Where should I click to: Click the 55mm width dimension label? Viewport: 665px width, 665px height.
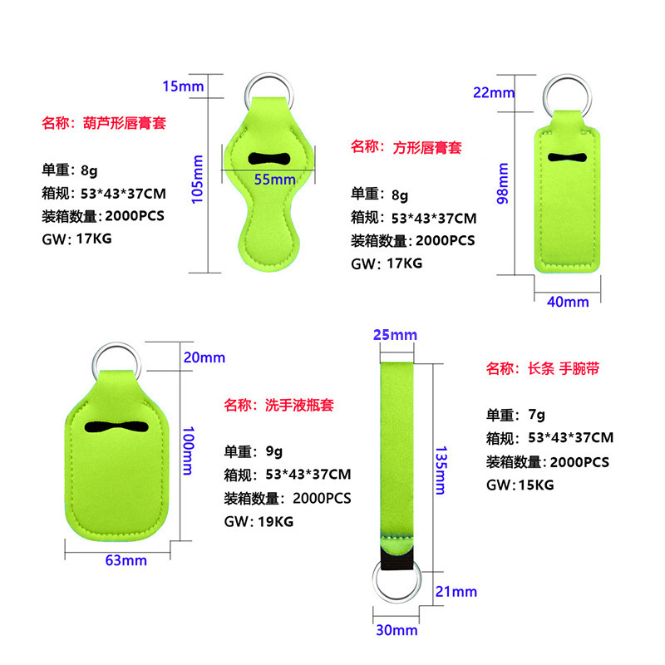point(275,179)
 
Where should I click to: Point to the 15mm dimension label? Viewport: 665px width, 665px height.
point(182,86)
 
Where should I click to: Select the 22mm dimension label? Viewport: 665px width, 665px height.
point(494,92)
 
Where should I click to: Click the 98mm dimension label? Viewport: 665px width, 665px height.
point(503,183)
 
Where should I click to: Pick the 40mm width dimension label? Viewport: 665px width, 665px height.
point(568,301)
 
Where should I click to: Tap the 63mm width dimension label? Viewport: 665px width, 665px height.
point(126,560)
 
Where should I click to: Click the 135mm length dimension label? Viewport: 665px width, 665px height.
point(441,470)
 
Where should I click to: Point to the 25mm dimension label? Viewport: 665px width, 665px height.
point(394,335)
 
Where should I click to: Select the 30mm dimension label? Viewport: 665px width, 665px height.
point(396,630)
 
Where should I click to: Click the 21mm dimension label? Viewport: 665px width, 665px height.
point(456,591)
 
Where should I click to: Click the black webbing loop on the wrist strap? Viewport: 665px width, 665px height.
point(396,556)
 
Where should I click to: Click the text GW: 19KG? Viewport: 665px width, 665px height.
point(259,522)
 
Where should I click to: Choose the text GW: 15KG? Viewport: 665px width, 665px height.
point(520,485)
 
